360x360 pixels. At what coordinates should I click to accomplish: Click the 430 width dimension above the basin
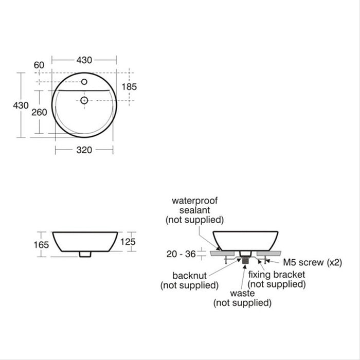[x=84, y=60]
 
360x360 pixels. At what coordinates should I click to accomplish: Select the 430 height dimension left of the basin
[x=21, y=105]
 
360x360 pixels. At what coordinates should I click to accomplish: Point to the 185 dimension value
[x=129, y=87]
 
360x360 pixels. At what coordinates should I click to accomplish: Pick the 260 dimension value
[x=39, y=112]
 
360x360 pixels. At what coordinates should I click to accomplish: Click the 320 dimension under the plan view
[x=84, y=150]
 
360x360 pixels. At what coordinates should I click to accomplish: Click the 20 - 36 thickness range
[x=182, y=253]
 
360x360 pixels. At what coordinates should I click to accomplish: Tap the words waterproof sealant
[x=194, y=205]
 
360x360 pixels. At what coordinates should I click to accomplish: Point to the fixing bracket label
[x=276, y=275]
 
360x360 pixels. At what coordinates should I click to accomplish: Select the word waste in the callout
[x=242, y=293]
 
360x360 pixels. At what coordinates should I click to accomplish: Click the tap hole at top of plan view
[x=84, y=82]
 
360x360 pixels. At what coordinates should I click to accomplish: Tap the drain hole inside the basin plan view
[x=84, y=100]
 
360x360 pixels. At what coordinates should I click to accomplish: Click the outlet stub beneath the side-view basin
[x=85, y=254]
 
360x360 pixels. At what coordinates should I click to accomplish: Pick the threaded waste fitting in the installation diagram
[x=245, y=260]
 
